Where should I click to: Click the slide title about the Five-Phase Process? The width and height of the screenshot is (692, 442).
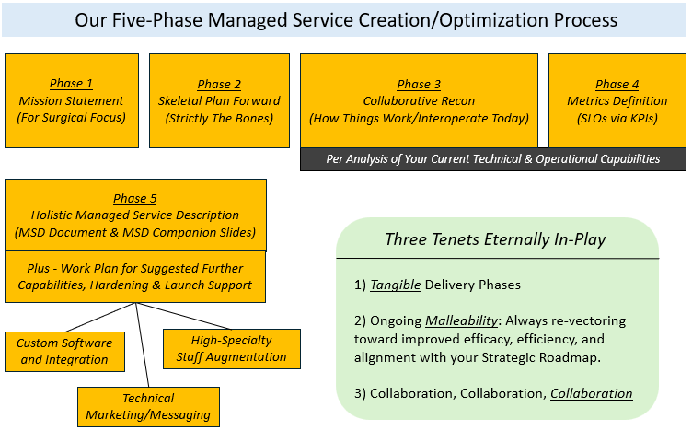pos(345,19)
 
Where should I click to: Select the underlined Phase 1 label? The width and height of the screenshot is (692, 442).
pos(71,85)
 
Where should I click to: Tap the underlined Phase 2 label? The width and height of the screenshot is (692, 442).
pos(219,85)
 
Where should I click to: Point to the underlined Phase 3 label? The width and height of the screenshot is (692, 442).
pos(419,85)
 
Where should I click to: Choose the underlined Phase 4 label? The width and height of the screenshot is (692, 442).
pos(617,85)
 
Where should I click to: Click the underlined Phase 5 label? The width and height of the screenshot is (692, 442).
pos(134,199)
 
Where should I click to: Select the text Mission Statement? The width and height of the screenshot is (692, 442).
pos(71,101)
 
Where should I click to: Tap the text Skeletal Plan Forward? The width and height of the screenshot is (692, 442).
pos(219,101)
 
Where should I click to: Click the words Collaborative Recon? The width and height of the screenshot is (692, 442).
pos(419,101)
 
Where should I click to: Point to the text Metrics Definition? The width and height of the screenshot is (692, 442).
pos(617,101)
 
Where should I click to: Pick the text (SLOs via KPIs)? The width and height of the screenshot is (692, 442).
pos(617,118)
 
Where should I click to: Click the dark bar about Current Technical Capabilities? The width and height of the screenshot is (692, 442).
pos(492,158)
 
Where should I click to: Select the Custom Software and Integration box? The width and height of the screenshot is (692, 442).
pos(64,351)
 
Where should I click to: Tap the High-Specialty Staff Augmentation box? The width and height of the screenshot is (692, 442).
pos(231,349)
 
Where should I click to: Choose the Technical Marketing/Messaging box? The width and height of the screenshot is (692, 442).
pos(148,406)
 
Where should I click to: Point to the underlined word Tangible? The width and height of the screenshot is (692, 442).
pos(396,285)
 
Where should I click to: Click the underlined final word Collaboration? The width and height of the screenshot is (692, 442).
pos(591,393)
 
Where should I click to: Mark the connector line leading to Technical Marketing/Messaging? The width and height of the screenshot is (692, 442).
pos(143,345)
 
